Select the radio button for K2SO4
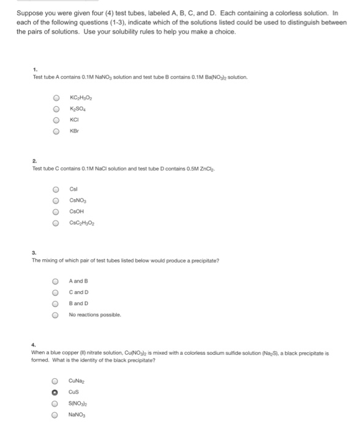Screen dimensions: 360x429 click(56, 108)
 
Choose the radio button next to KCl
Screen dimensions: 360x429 click(56, 120)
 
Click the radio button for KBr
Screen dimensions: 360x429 click(56, 131)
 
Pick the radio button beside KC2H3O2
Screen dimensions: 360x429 click(56, 97)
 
